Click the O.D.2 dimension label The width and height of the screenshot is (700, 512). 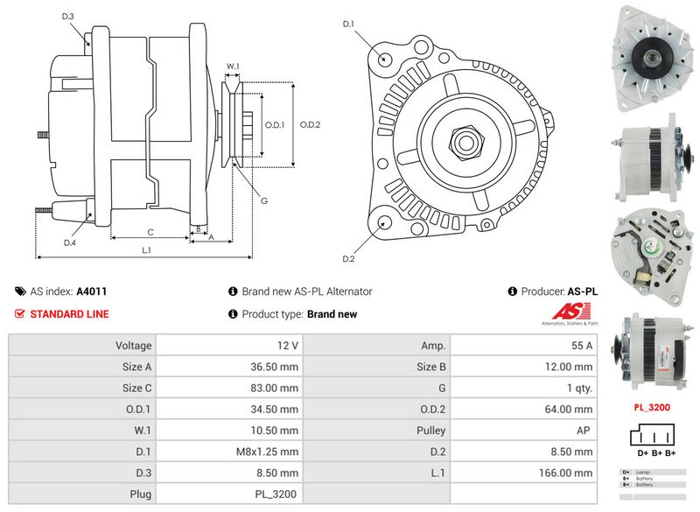(x=311, y=124)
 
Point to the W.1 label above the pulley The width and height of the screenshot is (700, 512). (x=233, y=66)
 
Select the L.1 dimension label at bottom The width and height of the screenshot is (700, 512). (x=147, y=250)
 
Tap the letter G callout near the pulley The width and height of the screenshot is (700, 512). (x=264, y=201)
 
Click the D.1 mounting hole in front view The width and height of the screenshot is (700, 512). (x=386, y=58)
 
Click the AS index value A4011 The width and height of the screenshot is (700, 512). (x=92, y=291)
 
